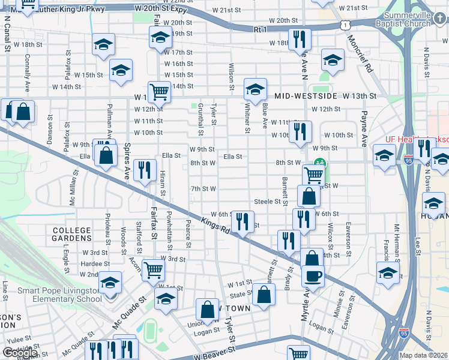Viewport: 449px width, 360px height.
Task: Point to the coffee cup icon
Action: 312,276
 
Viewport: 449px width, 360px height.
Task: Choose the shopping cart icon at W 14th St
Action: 159,92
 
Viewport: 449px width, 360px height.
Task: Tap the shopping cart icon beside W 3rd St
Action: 154,269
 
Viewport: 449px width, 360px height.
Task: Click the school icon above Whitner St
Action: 255,89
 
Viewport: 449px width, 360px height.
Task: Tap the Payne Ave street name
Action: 364,128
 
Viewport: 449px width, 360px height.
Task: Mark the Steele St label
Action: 267,202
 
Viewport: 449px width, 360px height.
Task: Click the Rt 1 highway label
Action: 260,29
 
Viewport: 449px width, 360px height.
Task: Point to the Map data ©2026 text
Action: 423,355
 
